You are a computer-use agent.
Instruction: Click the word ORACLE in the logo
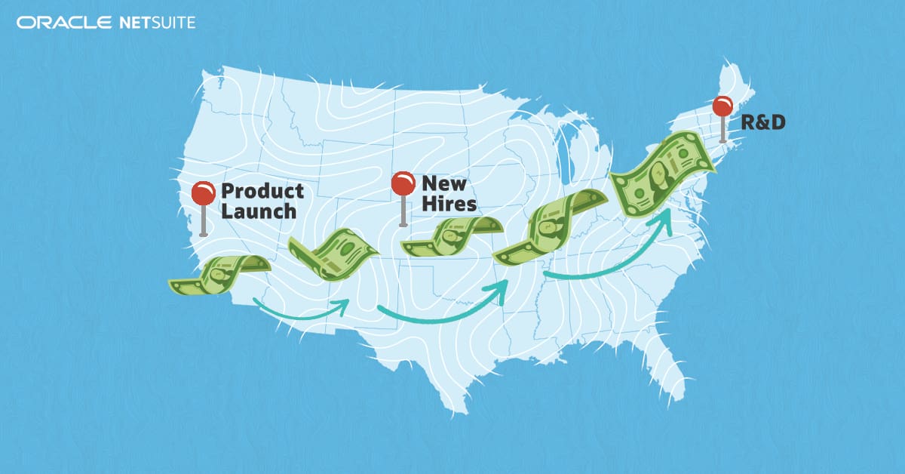click(x=64, y=23)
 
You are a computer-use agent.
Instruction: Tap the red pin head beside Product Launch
click(x=203, y=193)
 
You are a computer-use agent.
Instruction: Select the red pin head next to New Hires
click(x=403, y=183)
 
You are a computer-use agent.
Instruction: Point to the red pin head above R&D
click(x=723, y=106)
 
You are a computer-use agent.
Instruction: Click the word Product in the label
click(x=262, y=191)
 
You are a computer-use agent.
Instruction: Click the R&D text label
click(x=762, y=122)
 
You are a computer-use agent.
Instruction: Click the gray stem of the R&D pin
click(x=723, y=129)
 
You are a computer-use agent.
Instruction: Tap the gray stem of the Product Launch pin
click(x=203, y=220)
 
